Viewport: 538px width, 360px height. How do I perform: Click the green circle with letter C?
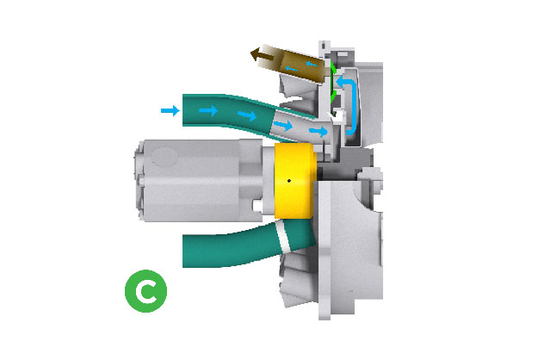tap(145, 291)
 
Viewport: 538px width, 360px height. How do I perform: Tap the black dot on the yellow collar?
tap(289, 181)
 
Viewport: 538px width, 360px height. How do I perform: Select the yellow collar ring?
tap(294, 181)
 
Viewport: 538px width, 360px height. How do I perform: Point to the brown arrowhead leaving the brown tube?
tap(256, 54)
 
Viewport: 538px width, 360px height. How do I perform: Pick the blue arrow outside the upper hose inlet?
tap(170, 110)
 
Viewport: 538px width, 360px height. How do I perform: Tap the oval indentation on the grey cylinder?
tap(165, 157)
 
